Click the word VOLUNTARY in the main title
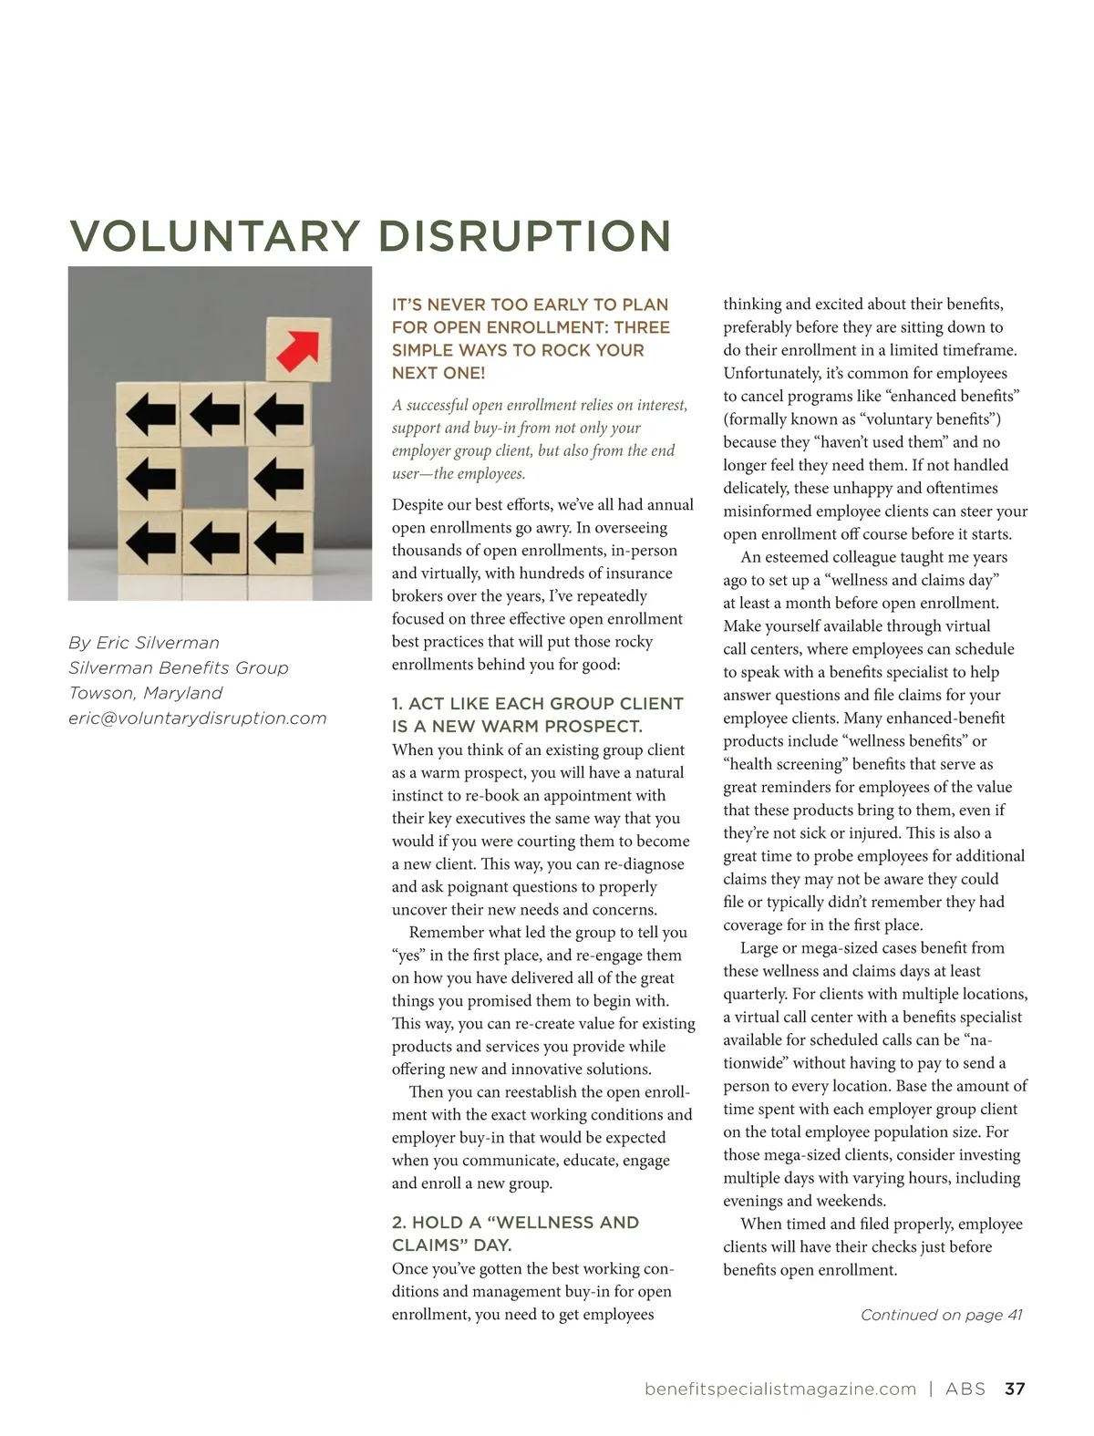point(215,235)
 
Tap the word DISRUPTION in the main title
point(524,235)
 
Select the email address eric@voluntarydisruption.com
point(198,718)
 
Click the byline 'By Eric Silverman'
point(144,643)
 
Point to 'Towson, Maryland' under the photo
point(146,693)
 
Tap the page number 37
point(1015,1389)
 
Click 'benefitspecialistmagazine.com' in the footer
point(779,1389)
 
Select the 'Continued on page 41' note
point(941,1315)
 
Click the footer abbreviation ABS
point(965,1389)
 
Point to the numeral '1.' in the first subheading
point(397,704)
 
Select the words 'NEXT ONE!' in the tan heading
point(439,373)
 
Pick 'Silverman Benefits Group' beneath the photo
point(179,668)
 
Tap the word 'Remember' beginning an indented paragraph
point(444,933)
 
